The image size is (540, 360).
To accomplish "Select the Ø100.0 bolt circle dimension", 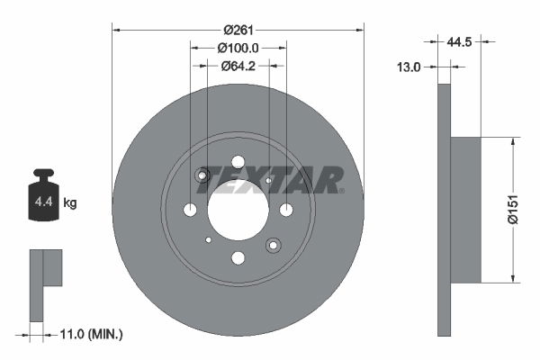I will tap(238, 48).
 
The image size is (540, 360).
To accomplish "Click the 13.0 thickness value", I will tap(411, 66).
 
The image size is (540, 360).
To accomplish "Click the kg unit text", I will tap(70, 203).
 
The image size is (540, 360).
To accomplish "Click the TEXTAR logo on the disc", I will tap(271, 180).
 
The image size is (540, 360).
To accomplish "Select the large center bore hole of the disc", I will tap(238, 210).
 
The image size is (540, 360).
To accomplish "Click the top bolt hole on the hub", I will tap(238, 162).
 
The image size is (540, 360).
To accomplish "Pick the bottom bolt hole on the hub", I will tap(238, 258).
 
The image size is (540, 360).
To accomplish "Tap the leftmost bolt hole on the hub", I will tap(190, 210).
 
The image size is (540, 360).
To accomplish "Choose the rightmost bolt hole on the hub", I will tap(286, 210).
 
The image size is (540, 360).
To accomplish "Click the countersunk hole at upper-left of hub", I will tap(203, 175).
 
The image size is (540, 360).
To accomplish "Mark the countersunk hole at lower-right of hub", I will tap(273, 244).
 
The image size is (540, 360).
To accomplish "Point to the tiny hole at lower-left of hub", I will tap(208, 239).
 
